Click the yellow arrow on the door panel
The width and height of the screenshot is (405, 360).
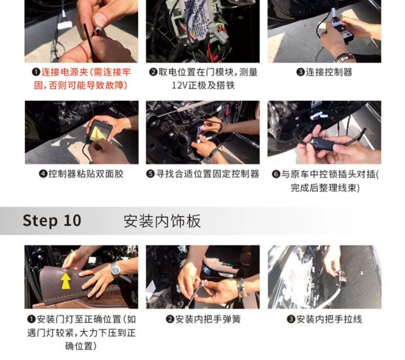(x=66, y=281)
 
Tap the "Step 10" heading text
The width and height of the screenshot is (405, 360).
(x=52, y=221)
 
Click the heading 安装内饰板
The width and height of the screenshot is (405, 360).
(x=162, y=221)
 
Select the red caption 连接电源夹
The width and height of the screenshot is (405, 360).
(x=65, y=72)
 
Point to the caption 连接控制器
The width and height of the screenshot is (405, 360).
(x=329, y=72)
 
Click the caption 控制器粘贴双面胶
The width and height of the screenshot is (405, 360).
(x=86, y=174)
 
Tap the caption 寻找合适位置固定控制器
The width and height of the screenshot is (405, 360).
(x=207, y=174)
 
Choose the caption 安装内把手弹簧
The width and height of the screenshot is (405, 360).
(x=208, y=319)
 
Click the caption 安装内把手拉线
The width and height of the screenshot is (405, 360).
(x=329, y=319)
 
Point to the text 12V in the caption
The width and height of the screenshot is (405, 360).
(x=179, y=85)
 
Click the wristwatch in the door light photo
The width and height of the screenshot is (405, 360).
(x=115, y=270)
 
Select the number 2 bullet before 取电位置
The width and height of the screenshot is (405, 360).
(x=153, y=72)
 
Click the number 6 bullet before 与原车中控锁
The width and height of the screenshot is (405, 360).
(x=276, y=174)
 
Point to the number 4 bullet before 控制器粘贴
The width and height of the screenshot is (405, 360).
(x=43, y=174)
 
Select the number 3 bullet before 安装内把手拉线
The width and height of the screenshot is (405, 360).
(x=291, y=319)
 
